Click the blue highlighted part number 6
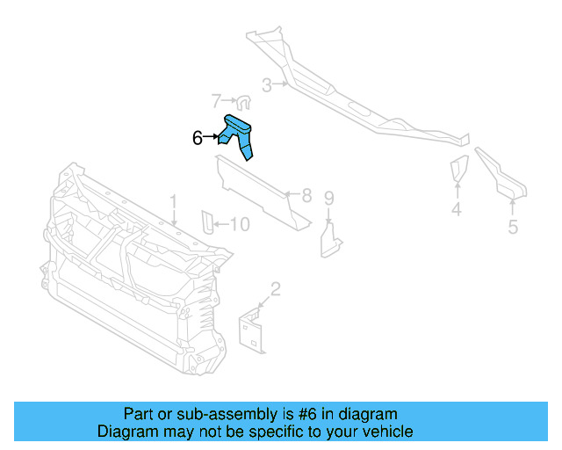(x=238, y=134)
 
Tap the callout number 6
(x=198, y=138)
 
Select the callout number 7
(x=216, y=101)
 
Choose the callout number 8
(x=306, y=195)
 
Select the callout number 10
(x=239, y=225)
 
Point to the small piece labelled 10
(x=207, y=223)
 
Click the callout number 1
(x=174, y=202)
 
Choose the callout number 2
(x=275, y=288)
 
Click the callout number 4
(x=457, y=209)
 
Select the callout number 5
(x=513, y=228)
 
